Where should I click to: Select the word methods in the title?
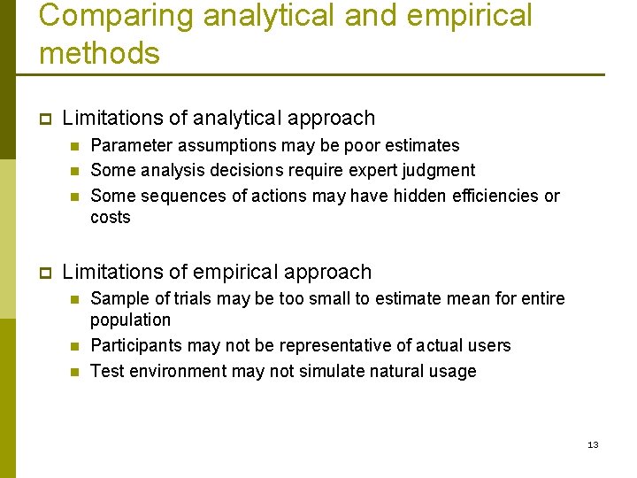(x=99, y=53)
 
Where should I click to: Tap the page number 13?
(x=593, y=444)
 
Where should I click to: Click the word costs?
(x=111, y=218)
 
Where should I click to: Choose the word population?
(x=131, y=320)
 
